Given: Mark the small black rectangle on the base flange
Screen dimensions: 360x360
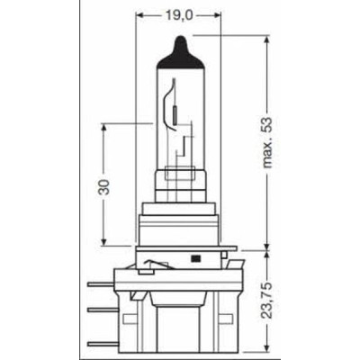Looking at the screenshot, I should tap(195, 257).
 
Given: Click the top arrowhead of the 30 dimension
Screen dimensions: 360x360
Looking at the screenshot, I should tap(106, 129).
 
